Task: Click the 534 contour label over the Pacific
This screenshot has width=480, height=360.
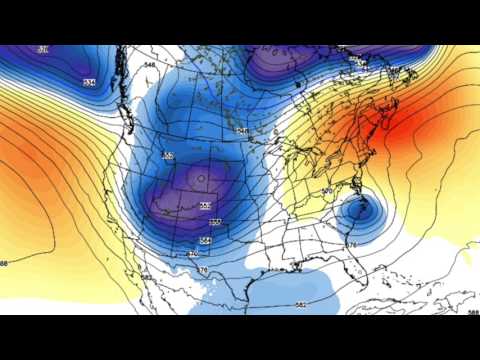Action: point(89,82)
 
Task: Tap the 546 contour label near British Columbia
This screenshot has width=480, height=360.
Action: point(150,66)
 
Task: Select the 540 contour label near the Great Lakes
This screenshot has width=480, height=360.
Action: point(242,131)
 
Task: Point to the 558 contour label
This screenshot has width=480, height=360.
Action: point(204,206)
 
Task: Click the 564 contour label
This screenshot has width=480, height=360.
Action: point(205,240)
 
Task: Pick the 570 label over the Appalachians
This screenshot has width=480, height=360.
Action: point(327,191)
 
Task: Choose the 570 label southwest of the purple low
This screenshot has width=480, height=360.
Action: point(193,254)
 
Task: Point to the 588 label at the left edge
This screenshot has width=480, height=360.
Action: point(4,263)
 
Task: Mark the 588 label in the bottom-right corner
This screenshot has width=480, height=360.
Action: point(471,312)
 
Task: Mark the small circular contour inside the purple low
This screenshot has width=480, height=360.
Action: point(200,179)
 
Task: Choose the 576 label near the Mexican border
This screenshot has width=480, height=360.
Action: point(203,270)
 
